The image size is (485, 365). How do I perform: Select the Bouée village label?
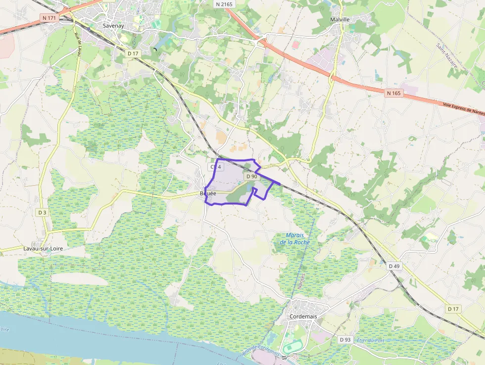(x=208, y=193)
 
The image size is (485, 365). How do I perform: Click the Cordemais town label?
(x=303, y=316)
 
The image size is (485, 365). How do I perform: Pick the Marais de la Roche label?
(x=294, y=239)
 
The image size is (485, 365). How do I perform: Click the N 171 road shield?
(x=48, y=17)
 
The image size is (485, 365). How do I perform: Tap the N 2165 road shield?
(x=224, y=4)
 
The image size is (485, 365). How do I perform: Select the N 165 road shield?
(x=393, y=93)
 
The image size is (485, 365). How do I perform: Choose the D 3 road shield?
(x=42, y=212)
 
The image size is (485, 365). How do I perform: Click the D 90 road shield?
(x=251, y=176)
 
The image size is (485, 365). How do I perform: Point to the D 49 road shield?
(x=394, y=266)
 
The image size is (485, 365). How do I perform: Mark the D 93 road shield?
(x=345, y=339)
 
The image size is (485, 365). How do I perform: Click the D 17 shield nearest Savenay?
(x=133, y=53)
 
